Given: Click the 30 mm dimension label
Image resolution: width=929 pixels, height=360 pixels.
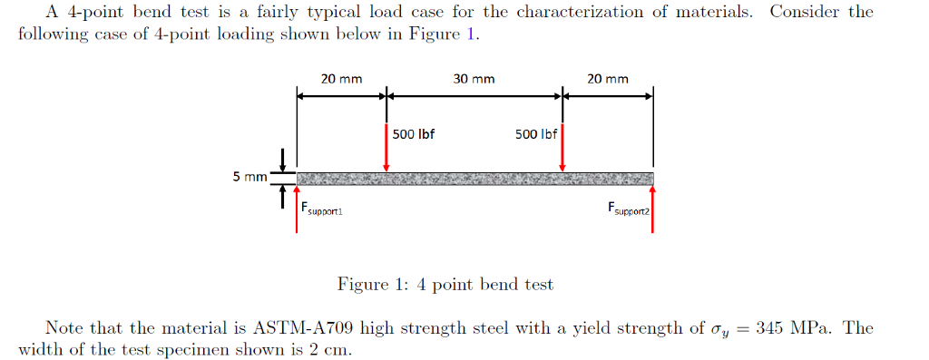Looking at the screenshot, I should click(474, 79).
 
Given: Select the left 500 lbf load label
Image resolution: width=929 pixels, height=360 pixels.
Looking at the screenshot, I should click(414, 134).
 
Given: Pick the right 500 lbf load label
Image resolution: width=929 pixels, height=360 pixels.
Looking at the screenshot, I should click(535, 134).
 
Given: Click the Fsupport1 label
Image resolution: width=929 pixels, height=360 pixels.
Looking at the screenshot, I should click(321, 209).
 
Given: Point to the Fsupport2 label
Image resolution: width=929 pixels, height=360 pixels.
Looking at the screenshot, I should click(629, 209).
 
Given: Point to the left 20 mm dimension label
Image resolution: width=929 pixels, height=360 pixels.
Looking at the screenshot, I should click(341, 79).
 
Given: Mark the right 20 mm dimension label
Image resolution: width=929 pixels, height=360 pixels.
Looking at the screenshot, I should click(607, 79).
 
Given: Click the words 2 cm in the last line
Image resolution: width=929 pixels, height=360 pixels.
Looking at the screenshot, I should click(329, 349).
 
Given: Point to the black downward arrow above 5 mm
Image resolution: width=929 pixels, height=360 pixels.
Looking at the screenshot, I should click(284, 161).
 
